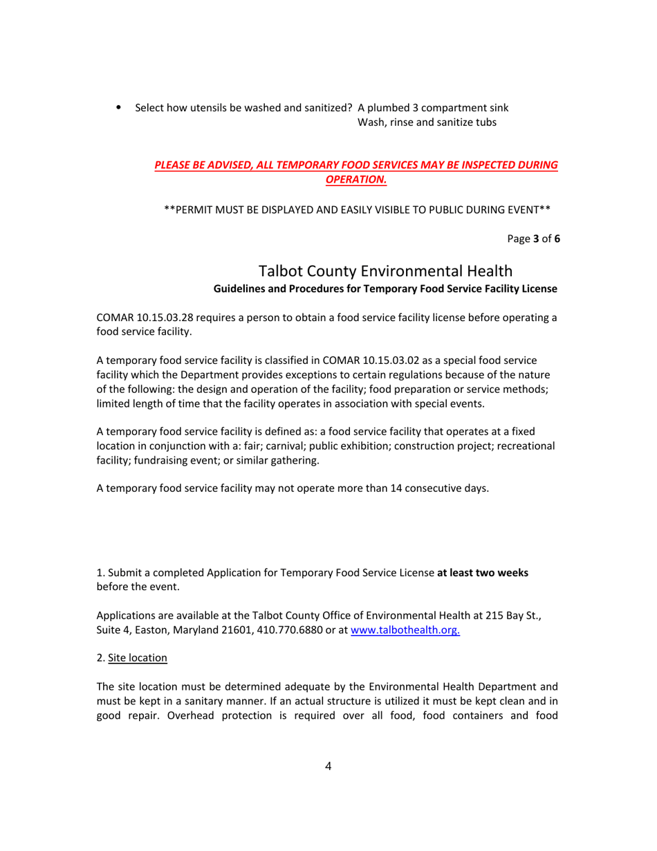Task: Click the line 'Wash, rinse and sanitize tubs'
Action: click(x=427, y=122)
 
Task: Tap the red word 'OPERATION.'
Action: click(x=355, y=179)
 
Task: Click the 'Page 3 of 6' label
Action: click(x=533, y=239)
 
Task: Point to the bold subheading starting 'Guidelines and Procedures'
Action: click(x=385, y=288)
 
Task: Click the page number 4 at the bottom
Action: click(x=328, y=766)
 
